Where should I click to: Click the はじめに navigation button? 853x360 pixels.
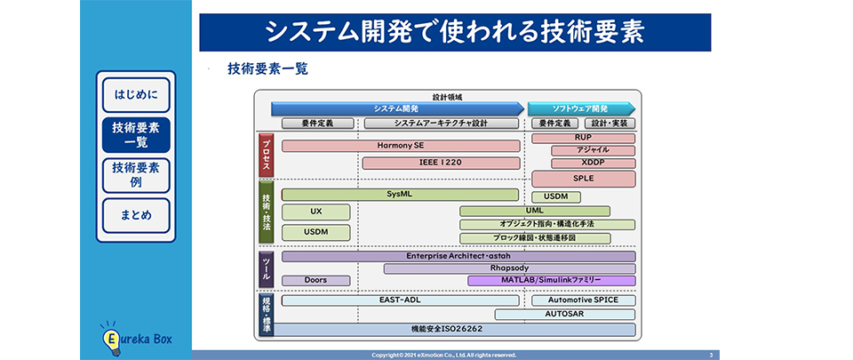pos(136,94)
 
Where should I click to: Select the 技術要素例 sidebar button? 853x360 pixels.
pos(136,175)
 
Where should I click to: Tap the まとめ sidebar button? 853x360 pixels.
pos(136,216)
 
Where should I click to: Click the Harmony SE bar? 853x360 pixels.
pos(401,146)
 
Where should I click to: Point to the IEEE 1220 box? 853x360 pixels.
pos(440,163)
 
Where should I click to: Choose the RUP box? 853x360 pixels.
pos(583,139)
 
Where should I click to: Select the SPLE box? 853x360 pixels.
pos(583,179)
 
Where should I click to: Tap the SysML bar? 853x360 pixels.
pos(400,195)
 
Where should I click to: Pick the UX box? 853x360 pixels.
pos(315,212)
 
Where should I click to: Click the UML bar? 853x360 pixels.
pos(534,212)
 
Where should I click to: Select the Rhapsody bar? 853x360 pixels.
pos(509,268)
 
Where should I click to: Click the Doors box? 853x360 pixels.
pos(315,280)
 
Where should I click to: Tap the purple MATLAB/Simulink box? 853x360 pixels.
pos(551,280)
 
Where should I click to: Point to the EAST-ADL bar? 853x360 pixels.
pos(401,300)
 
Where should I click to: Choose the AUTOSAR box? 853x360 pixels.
pos(565,315)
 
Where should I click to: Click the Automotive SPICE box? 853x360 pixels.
pos(584,300)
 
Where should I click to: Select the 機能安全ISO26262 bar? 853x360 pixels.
pos(458,330)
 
